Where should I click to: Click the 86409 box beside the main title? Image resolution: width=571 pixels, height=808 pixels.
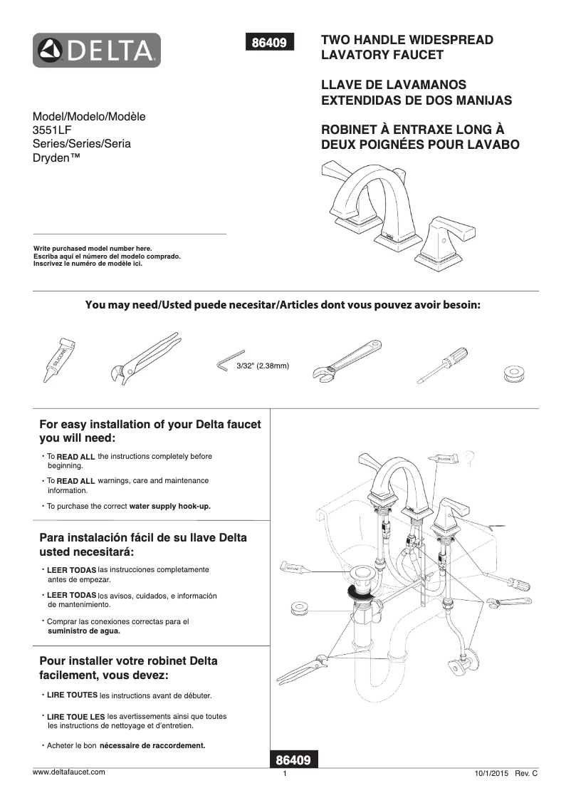coord(269,43)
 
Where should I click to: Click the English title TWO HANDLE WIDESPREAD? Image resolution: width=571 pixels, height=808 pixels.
coord(407,40)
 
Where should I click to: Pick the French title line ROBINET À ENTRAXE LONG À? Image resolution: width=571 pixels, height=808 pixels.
coord(413,130)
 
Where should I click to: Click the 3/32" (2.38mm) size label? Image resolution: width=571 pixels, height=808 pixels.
coord(262,366)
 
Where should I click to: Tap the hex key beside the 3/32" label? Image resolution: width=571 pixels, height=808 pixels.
coord(225,364)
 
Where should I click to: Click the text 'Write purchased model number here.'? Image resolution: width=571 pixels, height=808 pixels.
coord(93,248)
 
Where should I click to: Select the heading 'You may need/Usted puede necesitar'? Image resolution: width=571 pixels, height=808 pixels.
coord(185,305)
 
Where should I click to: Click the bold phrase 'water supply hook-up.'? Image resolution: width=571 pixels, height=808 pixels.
coord(170,506)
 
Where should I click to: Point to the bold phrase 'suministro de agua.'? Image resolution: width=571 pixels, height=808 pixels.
coord(83,631)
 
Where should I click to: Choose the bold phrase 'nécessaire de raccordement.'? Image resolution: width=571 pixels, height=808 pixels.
coord(152,746)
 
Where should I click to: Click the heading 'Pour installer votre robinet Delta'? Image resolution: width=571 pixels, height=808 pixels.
coord(129,661)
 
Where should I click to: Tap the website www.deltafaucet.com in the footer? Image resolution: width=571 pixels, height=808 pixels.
coord(69,772)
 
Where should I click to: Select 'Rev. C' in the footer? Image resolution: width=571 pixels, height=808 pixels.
coord(525,774)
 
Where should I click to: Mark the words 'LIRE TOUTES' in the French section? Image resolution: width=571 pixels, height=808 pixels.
coord(72,695)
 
